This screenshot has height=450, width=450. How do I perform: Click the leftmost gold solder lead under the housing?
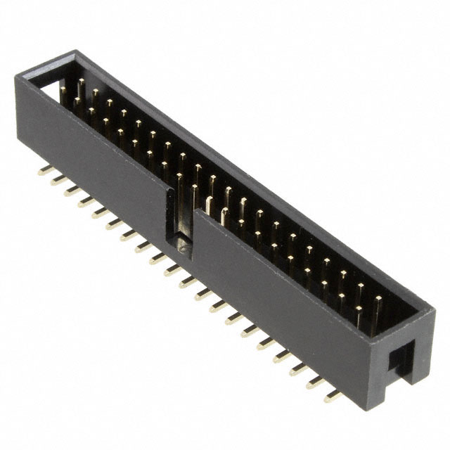pyautogui.click(x=42, y=170)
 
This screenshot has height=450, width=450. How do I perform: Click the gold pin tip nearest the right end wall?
pyautogui.click(x=378, y=300)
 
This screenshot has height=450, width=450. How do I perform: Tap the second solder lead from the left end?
pyautogui.click(x=56, y=180)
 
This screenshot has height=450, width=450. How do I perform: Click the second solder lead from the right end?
pyautogui.click(x=314, y=382)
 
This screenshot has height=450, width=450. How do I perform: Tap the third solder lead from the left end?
pyautogui.click(x=71, y=191)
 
